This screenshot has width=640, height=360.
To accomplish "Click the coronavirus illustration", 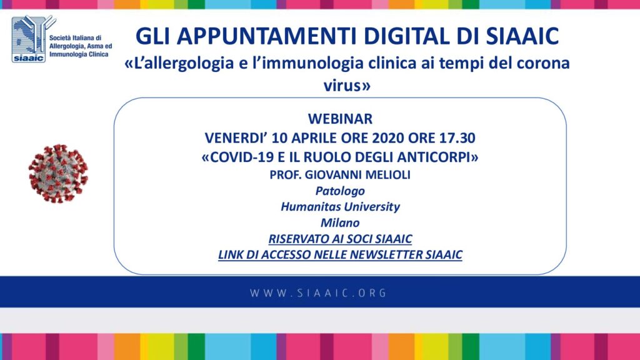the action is [58, 174].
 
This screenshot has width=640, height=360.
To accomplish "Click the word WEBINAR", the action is [340, 119].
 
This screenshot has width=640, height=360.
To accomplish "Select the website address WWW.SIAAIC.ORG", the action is [318, 293].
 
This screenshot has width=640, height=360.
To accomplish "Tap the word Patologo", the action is [340, 191].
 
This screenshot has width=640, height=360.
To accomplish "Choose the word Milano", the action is [340, 223].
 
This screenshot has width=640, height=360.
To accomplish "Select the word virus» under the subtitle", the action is [347, 86].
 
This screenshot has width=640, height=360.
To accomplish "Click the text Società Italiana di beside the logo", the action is [75, 38].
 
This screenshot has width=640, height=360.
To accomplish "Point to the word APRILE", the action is [313, 138].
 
